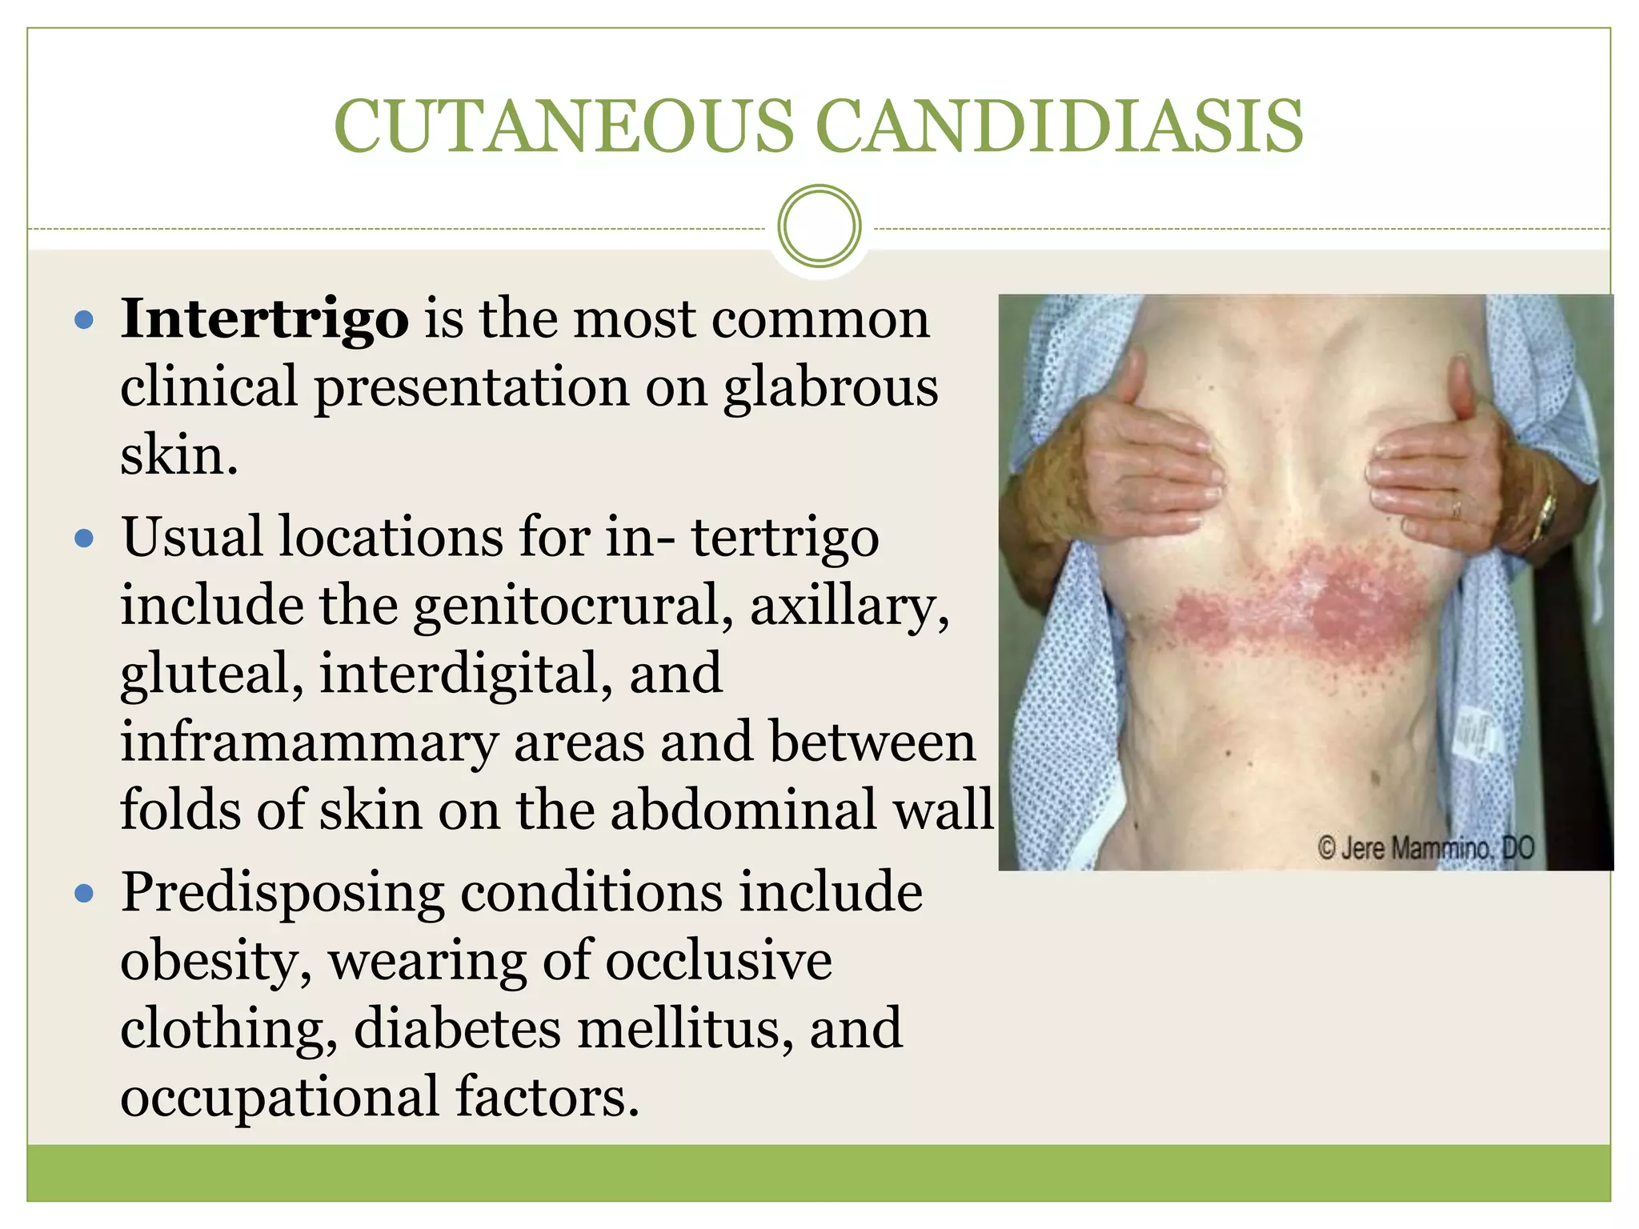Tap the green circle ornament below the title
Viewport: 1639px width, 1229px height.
(x=819, y=226)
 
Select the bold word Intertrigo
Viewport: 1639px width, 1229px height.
(x=264, y=319)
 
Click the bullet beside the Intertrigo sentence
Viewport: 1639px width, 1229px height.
(x=83, y=322)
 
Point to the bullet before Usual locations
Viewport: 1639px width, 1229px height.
(x=83, y=538)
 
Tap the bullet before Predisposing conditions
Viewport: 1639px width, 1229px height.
(x=83, y=893)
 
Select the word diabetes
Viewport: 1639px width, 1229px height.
(x=457, y=1029)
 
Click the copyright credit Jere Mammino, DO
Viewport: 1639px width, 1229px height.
(x=1425, y=848)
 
